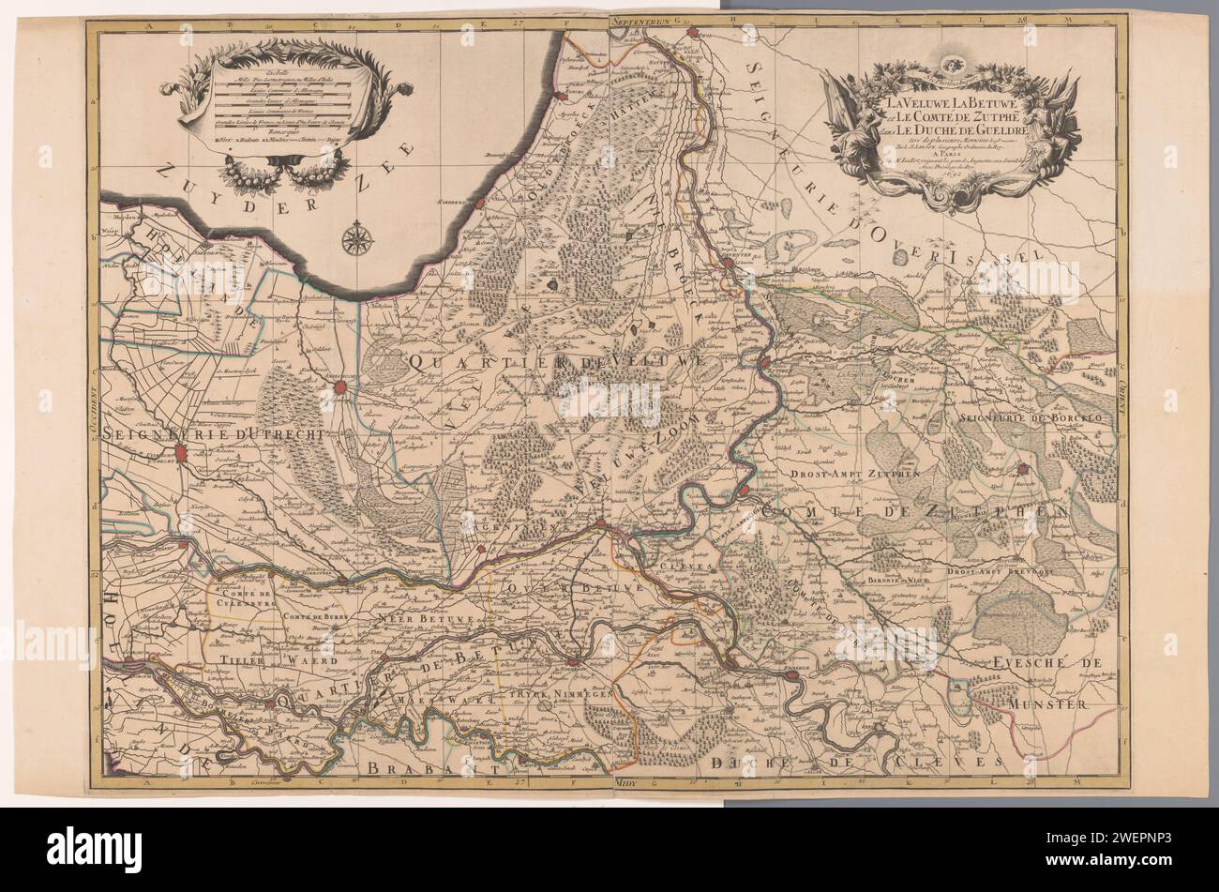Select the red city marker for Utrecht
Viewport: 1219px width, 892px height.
(x=184, y=458)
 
